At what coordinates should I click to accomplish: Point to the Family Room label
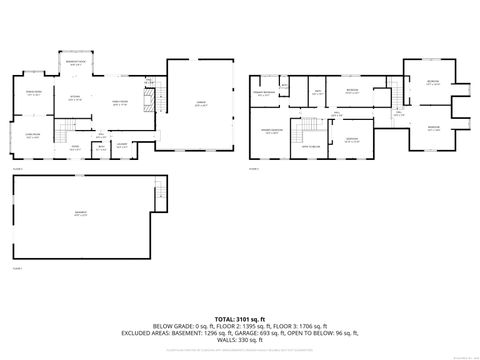120,103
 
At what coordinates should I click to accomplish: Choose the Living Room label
32,135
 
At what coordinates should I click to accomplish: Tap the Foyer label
74,146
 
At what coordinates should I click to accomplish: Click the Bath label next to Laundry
101,150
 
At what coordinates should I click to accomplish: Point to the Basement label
80,214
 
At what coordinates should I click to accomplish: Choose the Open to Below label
312,146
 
